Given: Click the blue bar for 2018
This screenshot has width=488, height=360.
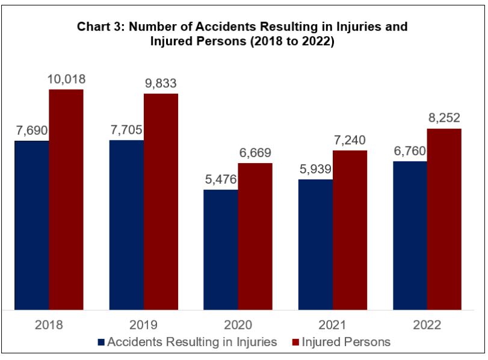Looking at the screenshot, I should click(32, 226).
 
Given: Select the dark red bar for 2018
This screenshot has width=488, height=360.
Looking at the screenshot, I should click(66, 200).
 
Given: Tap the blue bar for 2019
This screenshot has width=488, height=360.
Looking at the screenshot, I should click(126, 225).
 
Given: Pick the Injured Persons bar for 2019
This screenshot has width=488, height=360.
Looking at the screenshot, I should click(161, 202).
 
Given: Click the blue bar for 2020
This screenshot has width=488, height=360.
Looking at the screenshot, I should click(221, 250).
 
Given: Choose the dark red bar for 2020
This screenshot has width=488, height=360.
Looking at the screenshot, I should click(255, 237).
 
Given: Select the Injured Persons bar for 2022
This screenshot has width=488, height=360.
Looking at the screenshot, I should click(444, 220).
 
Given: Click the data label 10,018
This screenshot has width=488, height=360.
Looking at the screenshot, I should click(66, 79).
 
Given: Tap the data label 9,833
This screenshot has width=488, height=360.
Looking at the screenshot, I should click(161, 83).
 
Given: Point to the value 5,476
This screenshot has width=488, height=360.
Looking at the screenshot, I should click(221, 179).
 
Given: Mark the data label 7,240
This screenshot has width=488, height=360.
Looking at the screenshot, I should click(350, 140).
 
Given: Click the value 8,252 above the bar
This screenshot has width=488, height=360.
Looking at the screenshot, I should click(444, 119).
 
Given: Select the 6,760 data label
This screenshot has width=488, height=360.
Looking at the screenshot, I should click(410, 151).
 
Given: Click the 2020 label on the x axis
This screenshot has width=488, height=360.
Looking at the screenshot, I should click(238, 325).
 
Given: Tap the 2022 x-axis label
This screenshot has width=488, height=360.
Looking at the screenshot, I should click(427, 325).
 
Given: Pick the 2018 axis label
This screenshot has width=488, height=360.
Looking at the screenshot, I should click(49, 325).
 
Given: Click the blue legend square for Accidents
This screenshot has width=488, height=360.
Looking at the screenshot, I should click(100, 343).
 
